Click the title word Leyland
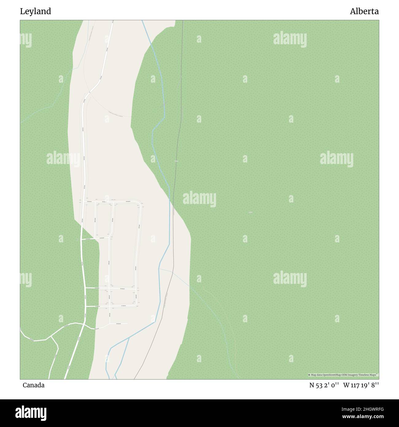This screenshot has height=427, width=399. [x=36, y=12]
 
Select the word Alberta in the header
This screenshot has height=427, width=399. [x=364, y=12]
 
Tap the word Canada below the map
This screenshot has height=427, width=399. [x=33, y=385]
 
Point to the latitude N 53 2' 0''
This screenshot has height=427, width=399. [x=324, y=385]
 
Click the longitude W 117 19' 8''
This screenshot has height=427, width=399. [x=361, y=385]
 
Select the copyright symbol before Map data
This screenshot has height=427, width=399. [x=309, y=375]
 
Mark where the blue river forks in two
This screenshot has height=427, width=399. [x=129, y=337]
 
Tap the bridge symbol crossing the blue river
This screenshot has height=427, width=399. [x=164, y=104]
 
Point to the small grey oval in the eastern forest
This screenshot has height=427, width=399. [x=250, y=212]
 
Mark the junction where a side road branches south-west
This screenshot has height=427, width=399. [x=52, y=337]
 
